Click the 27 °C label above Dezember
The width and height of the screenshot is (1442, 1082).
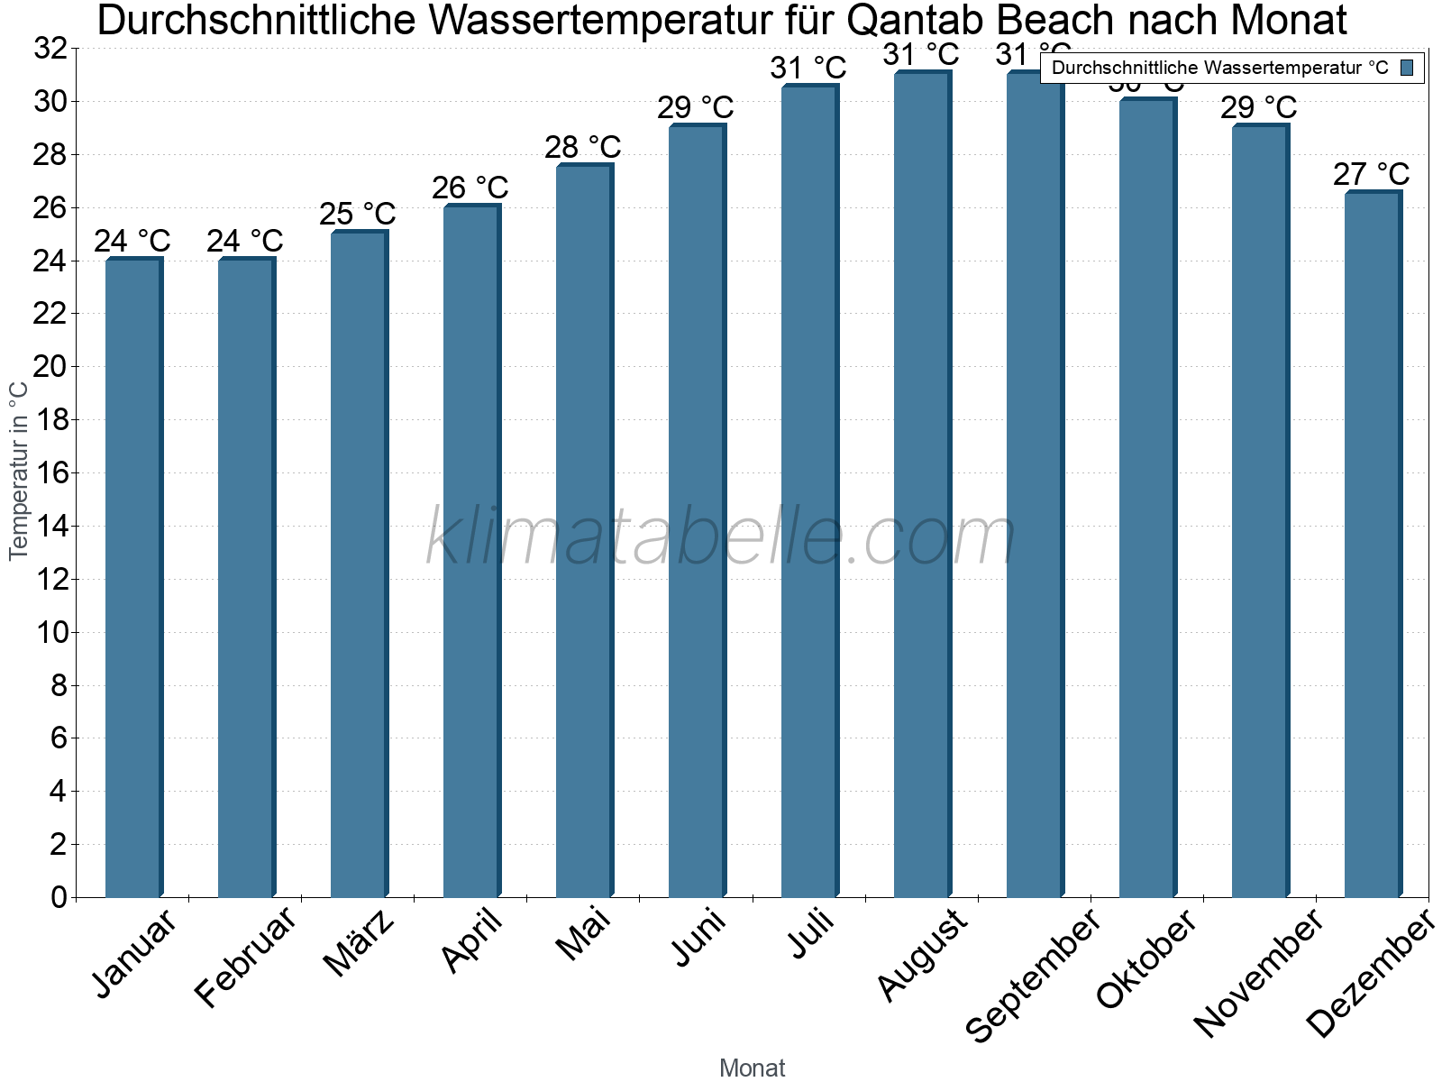(x=1371, y=173)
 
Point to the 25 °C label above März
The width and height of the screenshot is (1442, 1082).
(x=358, y=214)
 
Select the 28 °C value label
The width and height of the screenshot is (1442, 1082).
(x=582, y=147)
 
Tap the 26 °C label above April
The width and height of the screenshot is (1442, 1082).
(x=470, y=188)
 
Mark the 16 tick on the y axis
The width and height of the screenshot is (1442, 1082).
(x=51, y=472)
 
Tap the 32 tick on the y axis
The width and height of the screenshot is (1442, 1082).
(x=51, y=49)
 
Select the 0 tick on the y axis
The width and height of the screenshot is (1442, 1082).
(x=59, y=897)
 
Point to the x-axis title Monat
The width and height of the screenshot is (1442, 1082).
(x=753, y=1068)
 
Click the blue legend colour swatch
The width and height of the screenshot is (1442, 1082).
(x=1407, y=68)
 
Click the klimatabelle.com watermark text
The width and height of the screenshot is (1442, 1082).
(x=721, y=537)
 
